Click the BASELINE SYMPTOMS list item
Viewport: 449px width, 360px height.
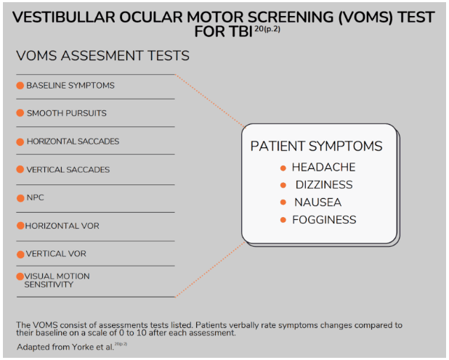(x=70, y=86)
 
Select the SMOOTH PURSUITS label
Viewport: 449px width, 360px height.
(x=66, y=113)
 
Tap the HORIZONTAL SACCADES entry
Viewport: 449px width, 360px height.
(x=73, y=142)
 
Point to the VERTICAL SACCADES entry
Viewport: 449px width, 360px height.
(x=68, y=170)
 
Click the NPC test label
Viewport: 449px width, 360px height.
(x=36, y=197)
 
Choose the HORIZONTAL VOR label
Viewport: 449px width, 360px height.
(x=62, y=226)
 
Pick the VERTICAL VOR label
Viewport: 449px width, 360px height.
(x=57, y=254)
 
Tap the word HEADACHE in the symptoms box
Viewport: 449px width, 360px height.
(x=323, y=168)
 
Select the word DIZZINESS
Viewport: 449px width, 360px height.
(x=323, y=185)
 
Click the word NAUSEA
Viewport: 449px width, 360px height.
(x=317, y=202)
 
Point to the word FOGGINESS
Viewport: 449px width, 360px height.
(x=324, y=220)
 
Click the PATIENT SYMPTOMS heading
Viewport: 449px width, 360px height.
(x=316, y=146)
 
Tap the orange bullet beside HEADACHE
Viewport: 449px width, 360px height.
(x=283, y=168)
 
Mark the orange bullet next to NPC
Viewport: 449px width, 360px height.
(x=20, y=197)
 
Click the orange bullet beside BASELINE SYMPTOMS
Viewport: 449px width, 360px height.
(x=20, y=86)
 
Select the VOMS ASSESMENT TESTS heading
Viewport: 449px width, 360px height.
(x=102, y=56)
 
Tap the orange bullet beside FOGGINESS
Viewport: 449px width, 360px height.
(x=283, y=220)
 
